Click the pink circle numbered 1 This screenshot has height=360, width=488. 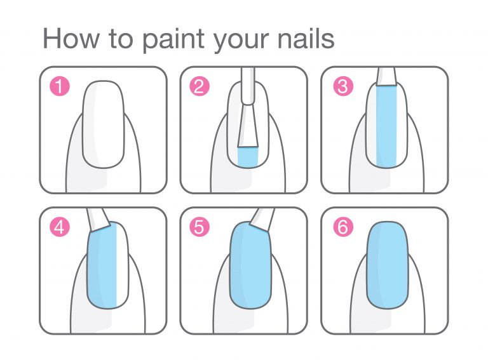pos(60,86)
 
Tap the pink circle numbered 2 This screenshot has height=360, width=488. pos(200,86)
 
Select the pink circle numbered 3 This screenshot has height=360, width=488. pos(343,86)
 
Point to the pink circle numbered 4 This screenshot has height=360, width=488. pos(60,227)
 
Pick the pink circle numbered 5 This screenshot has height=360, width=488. pos(200,227)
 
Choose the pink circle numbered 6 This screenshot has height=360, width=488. pos(343,227)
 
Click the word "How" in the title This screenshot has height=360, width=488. pos(71,39)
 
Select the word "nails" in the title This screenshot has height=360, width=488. pos(306,39)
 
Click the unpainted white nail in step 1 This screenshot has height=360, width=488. pos(104,124)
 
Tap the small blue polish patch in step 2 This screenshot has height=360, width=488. pos(248,157)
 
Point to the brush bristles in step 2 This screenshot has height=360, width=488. pos(248,126)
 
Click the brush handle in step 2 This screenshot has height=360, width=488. pos(248,86)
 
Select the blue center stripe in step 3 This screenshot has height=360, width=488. pos(386,126)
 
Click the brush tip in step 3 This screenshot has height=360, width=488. pos(386,76)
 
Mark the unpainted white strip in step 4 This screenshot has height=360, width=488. pos(122,264)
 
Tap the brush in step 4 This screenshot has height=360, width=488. pos(98,219)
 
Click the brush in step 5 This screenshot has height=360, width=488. pos(262,219)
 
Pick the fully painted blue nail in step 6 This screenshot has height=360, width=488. pos(388,265)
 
